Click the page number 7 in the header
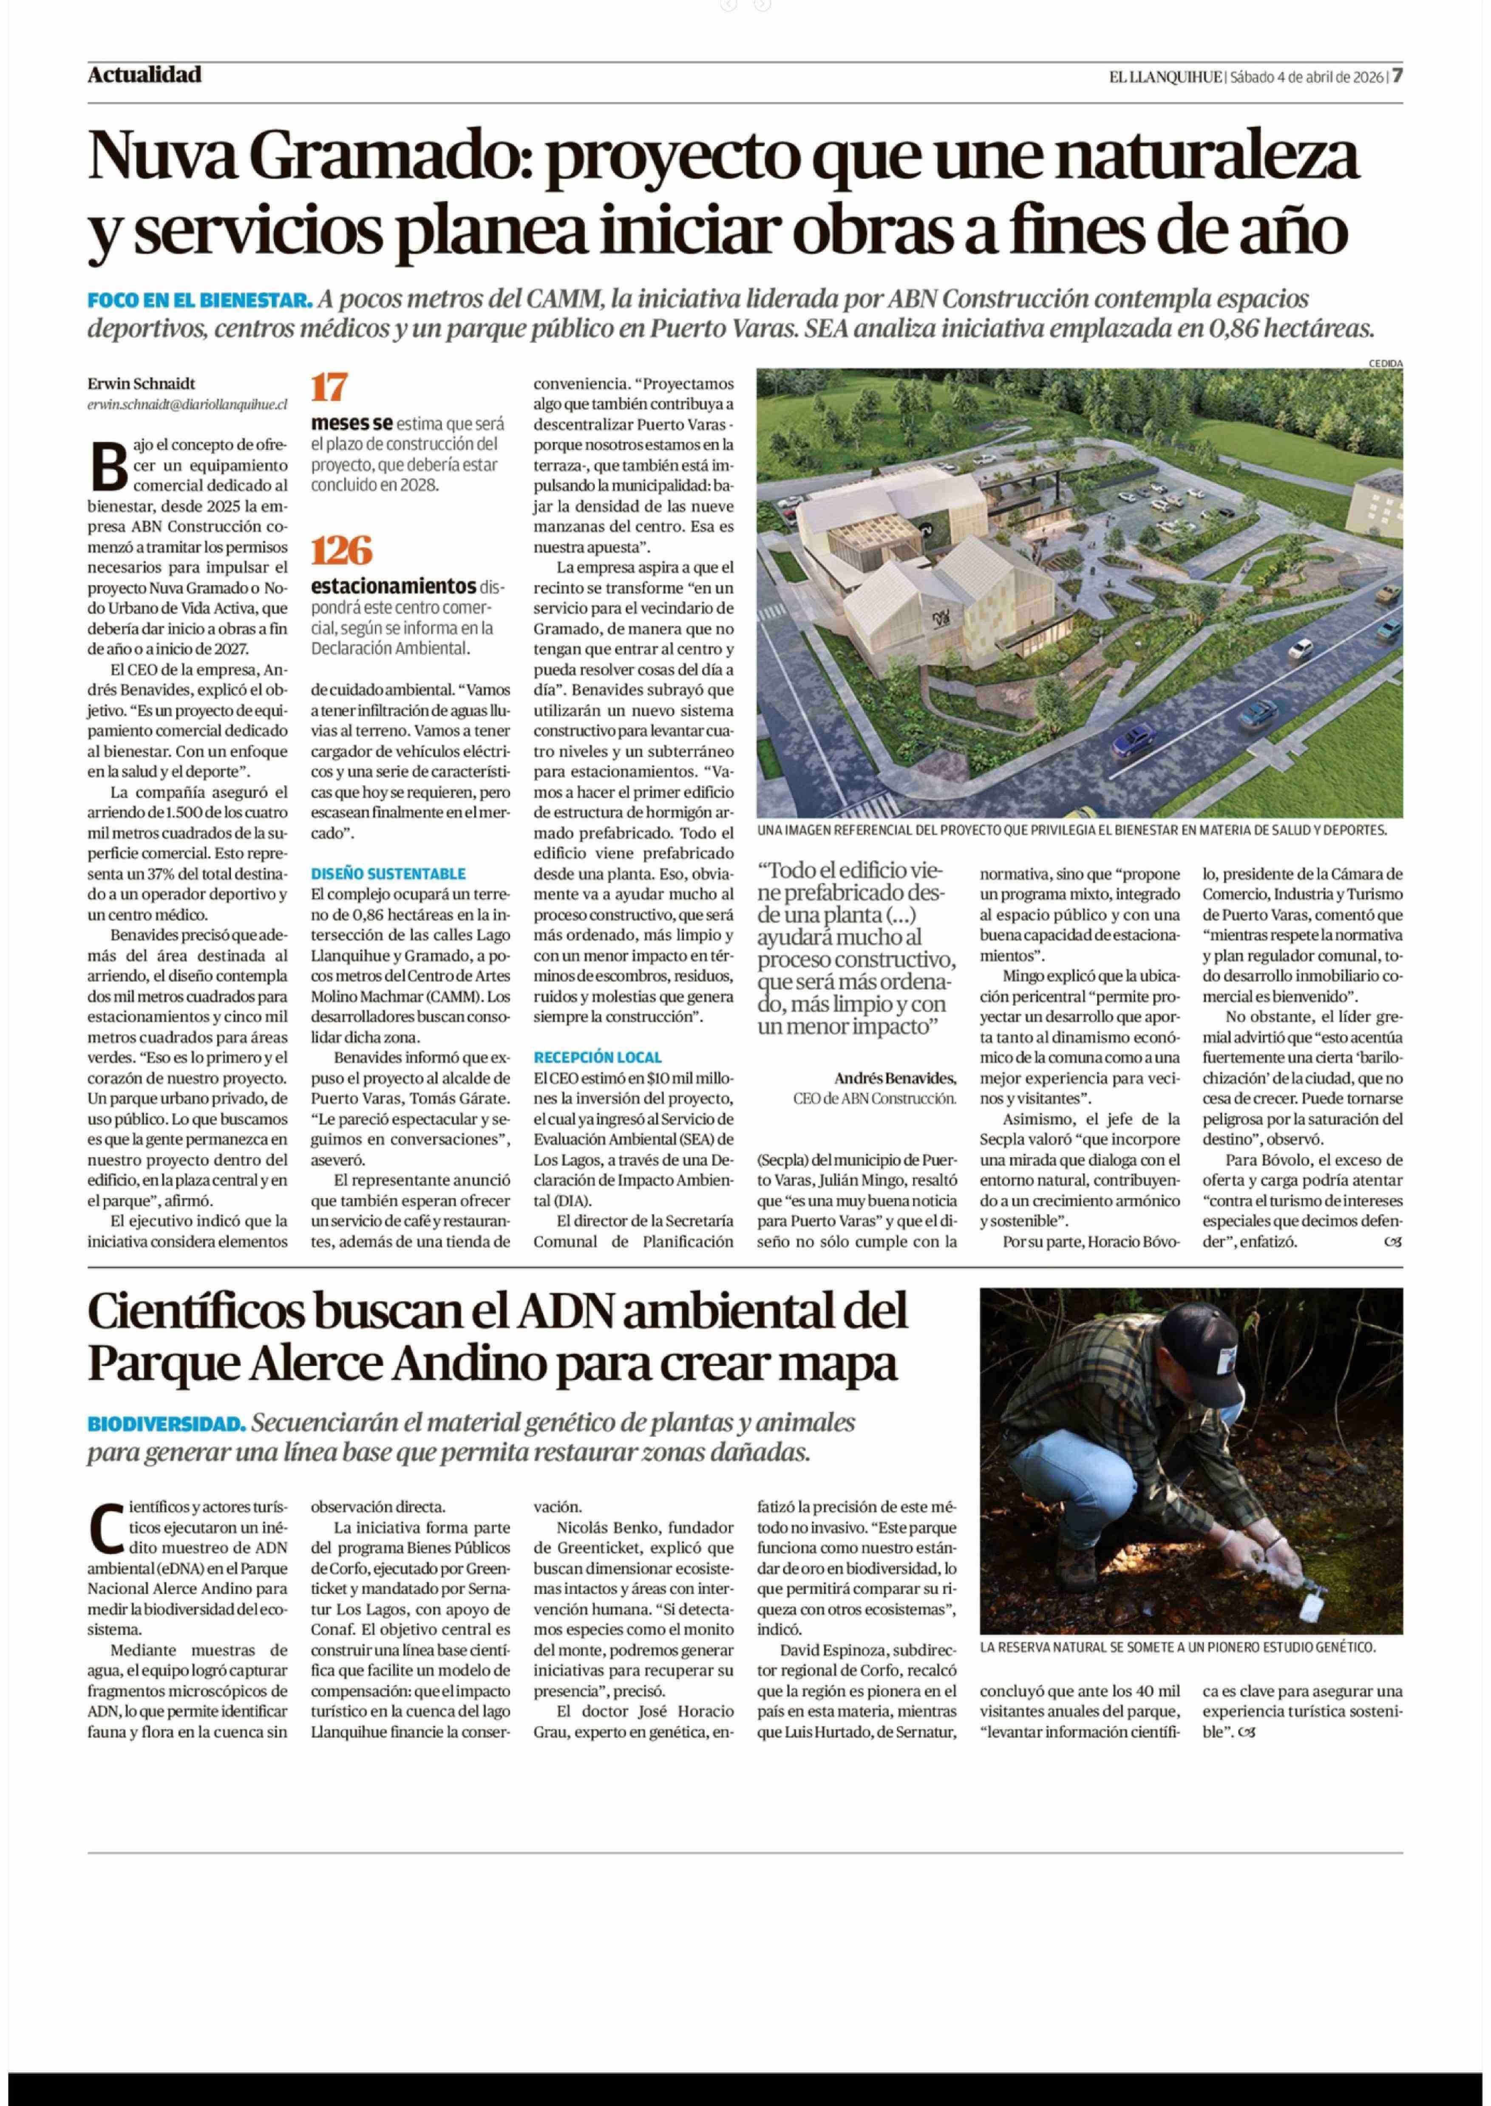tap(1397, 76)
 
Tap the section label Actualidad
tap(144, 75)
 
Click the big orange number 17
tap(329, 387)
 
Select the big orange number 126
tap(342, 550)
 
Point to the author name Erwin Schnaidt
tap(142, 384)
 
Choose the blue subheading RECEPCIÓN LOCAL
tap(598, 1057)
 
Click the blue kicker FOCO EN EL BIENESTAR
tap(199, 300)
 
